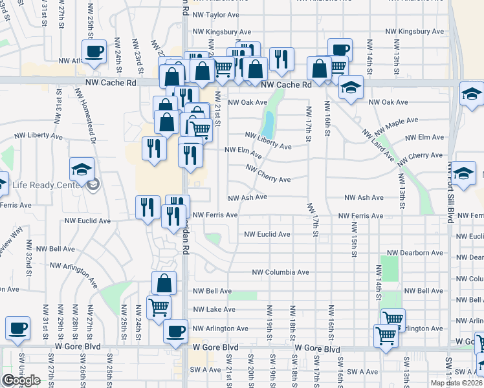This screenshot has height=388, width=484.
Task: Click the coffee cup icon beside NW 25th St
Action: click(94, 51)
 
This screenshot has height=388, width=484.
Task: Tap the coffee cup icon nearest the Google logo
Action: click(17, 328)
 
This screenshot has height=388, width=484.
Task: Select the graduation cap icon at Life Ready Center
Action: click(82, 169)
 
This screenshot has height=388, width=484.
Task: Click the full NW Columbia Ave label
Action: click(281, 273)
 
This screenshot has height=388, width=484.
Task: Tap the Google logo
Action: click(21, 380)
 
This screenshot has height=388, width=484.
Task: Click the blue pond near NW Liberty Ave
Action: click(268, 121)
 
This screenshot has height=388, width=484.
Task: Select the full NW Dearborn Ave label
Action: click(414, 253)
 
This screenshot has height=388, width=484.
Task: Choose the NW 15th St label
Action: click(355, 239)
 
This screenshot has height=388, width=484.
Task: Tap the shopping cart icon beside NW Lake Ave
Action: click(159, 307)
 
